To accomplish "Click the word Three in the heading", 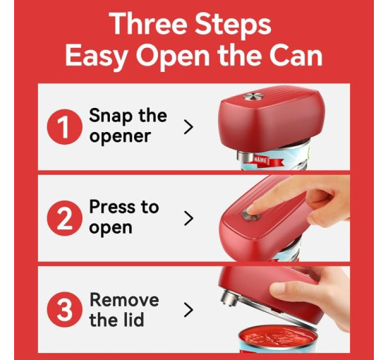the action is point(148,24).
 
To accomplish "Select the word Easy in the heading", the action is point(97,56).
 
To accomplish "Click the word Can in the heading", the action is point(296,55).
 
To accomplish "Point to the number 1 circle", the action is point(65,127).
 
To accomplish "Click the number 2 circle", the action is point(65,218).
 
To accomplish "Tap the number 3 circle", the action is point(65,309).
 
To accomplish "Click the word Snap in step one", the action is point(110,116).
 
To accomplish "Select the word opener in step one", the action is point(120,137).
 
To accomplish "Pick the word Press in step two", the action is point(113,207).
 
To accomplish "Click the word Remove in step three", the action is point(124,299).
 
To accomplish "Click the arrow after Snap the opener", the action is point(189,127).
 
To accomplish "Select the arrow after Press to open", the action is point(189,218).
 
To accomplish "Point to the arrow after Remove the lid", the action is point(189,309).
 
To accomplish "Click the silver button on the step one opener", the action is point(253,97).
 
